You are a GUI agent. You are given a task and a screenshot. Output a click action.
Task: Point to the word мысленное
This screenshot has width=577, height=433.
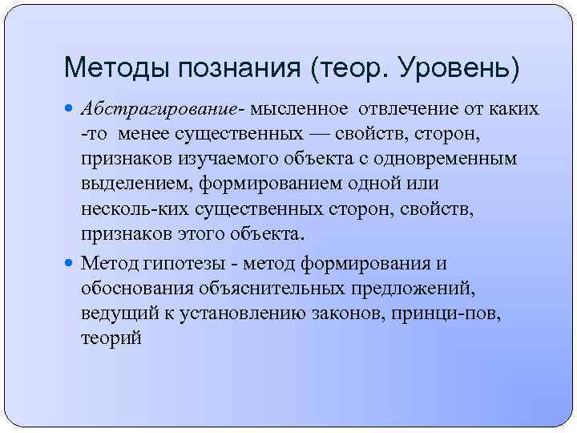pos(301,107)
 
